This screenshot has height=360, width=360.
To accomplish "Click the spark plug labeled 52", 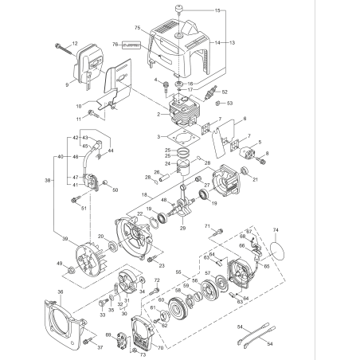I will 213,92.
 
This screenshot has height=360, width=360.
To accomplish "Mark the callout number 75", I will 138,28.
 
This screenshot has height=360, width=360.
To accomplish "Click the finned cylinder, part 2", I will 183,112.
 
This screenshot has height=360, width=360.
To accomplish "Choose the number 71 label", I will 207,227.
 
